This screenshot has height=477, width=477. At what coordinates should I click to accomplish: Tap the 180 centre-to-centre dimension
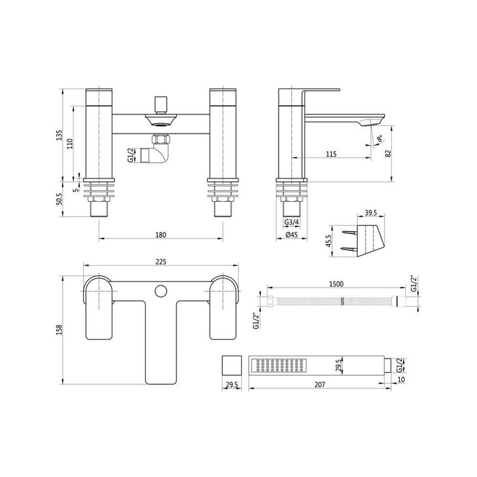click(161, 235)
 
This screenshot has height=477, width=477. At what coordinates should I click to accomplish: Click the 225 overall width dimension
click(161, 260)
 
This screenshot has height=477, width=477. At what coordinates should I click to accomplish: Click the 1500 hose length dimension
click(335, 284)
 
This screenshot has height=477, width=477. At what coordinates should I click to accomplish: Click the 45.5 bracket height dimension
click(329, 243)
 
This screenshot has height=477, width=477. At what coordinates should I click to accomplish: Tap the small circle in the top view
click(161, 292)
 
